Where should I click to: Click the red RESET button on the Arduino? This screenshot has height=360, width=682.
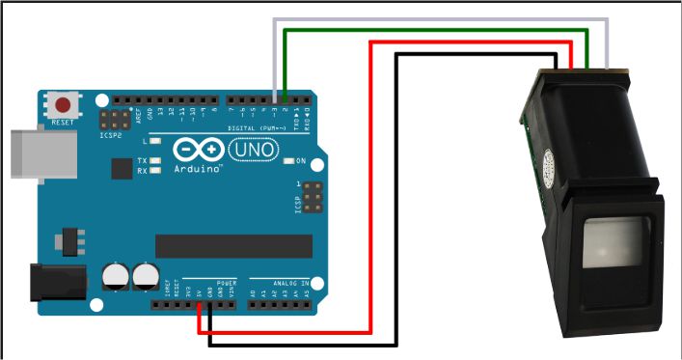click(64, 104)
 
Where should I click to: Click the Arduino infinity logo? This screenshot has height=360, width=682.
click(198, 150)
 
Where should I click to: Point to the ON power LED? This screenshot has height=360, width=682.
click(290, 160)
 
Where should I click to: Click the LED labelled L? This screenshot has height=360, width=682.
click(156, 141)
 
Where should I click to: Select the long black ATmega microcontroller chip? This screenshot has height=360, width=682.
click(233, 246)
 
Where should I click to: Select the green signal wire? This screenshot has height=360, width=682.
click(434, 31)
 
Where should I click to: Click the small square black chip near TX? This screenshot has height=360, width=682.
click(122, 169)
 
